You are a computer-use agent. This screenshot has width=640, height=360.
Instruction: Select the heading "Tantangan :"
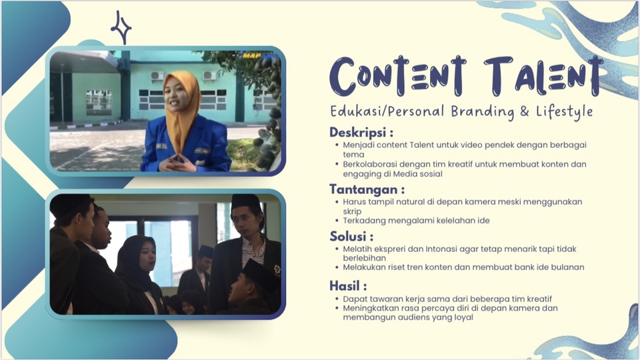(x=367, y=189)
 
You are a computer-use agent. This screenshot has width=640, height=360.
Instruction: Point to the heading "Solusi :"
(x=351, y=236)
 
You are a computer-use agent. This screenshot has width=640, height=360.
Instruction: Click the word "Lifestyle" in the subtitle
(x=565, y=111)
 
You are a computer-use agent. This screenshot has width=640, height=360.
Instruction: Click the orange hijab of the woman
(x=182, y=107)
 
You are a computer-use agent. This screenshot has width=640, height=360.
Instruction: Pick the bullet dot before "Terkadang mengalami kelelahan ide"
(x=337, y=221)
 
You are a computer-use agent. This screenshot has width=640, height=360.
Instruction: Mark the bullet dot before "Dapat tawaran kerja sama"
(x=337, y=298)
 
